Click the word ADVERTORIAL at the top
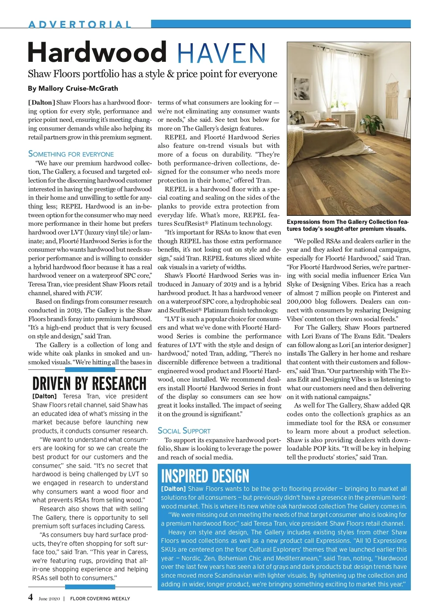(80, 25)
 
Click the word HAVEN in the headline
(221, 53)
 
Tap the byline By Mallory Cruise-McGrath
(73, 88)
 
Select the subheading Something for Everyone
(71, 154)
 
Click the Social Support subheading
(184, 431)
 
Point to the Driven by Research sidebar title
(89, 384)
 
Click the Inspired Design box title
(205, 476)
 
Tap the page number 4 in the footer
(31, 597)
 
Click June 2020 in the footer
(49, 599)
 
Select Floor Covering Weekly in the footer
(100, 599)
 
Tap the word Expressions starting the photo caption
(303, 222)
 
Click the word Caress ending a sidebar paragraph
(134, 526)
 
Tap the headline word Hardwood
(97, 53)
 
